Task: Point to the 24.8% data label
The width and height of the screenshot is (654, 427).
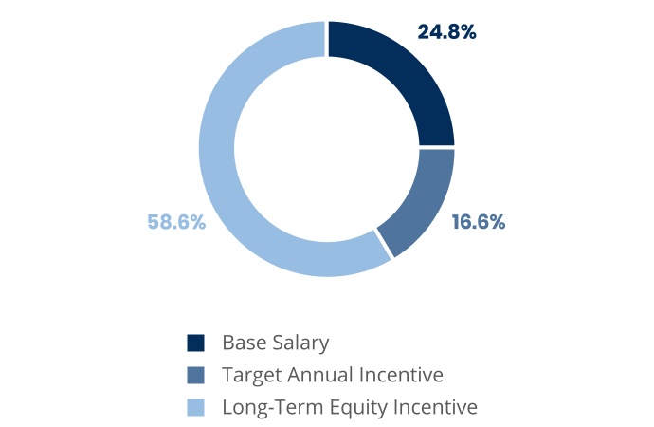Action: point(446,32)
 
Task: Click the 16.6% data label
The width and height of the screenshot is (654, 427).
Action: point(479,222)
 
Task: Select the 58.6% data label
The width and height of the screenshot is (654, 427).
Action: point(176,222)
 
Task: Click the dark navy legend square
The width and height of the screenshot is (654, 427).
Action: point(195,343)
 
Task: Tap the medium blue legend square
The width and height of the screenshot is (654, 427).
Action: point(195,375)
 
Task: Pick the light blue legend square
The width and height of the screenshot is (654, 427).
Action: point(195,407)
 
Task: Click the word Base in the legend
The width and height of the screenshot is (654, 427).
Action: point(244,343)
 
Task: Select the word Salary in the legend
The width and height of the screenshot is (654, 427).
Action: point(300,343)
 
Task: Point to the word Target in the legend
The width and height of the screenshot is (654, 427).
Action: point(251,376)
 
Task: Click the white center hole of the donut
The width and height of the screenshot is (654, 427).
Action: point(327,149)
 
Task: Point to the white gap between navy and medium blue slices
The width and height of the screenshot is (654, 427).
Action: point(437,148)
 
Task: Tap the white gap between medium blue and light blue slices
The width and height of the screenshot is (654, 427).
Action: point(384,244)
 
